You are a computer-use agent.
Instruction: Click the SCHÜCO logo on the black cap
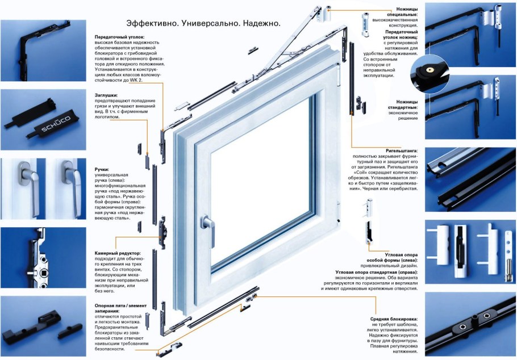[x=56, y=124]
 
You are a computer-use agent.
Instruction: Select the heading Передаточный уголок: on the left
[x=119, y=37]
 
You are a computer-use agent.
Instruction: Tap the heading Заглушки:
[x=106, y=95]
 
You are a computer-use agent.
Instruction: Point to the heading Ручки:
[x=102, y=169]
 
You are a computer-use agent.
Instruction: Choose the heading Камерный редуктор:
[x=118, y=253]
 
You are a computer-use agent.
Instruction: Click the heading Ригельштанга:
[x=402, y=150]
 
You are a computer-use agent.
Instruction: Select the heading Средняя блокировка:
[x=394, y=319]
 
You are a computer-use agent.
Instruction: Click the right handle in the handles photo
[x=72, y=188]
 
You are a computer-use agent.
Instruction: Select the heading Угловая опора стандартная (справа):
[x=377, y=273]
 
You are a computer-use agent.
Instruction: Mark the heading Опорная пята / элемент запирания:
[x=120, y=308]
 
